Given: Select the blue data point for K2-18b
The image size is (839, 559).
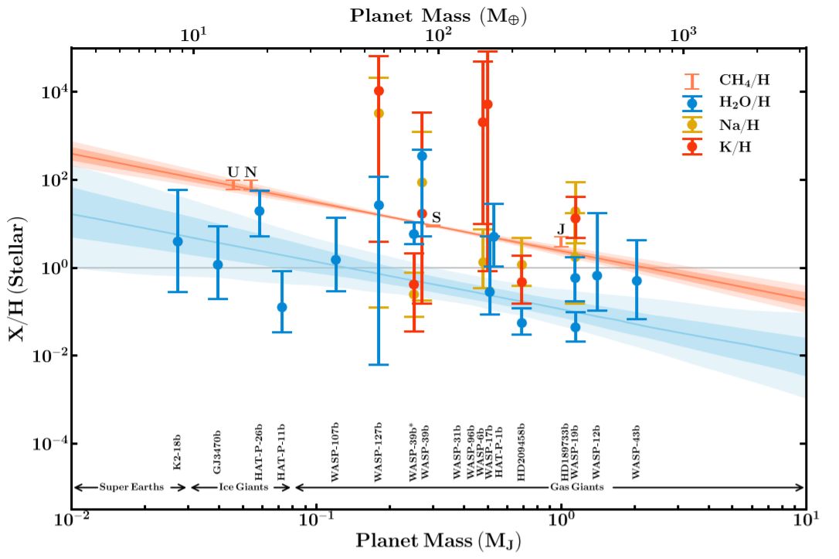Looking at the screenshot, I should tap(178, 241).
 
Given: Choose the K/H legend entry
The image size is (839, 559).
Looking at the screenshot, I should tap(735, 146).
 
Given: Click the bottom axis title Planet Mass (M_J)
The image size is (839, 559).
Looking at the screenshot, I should tap(438, 540).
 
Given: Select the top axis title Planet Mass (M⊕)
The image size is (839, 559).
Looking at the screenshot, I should tap(438, 15).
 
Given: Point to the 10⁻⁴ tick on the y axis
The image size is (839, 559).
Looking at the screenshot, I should tap(48, 444).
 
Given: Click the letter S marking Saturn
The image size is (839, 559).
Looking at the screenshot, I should tap(436, 218).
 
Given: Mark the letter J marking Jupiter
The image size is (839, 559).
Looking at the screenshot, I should tap(561, 230).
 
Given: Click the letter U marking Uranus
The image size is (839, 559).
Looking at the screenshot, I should tap(233, 172).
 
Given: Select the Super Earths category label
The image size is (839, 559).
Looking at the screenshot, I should tap(130, 488).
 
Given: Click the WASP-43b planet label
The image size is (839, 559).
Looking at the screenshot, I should tap(636, 452).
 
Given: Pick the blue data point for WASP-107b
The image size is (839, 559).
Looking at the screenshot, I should tap(336, 260).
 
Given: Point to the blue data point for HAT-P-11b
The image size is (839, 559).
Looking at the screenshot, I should tap(282, 307).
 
